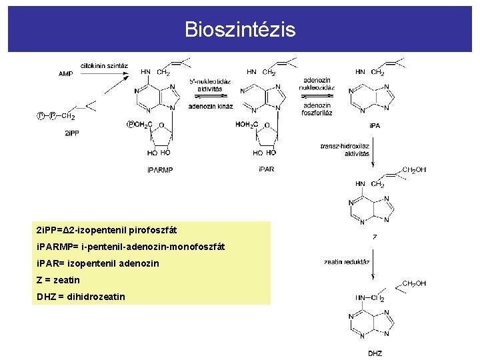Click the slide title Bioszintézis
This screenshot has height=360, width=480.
coord(240,30)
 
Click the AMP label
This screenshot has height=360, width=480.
coord(65,74)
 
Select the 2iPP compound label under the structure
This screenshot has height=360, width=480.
coord(71,133)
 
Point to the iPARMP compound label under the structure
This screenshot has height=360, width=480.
coord(159,170)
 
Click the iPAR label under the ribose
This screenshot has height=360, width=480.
coord(266,169)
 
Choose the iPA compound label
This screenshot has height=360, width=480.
coord(375,125)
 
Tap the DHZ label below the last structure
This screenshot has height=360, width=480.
coord(375,353)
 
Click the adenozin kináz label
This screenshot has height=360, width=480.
coord(210,105)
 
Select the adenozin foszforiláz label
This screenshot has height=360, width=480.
coord(317,109)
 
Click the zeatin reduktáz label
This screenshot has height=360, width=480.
coord(347,262)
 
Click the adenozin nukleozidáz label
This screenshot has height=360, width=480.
coord(317,84)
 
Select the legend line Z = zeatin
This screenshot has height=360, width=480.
coord(58,280)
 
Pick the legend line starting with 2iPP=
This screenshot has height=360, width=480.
coord(107,230)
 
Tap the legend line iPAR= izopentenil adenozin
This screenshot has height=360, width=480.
coord(98,263)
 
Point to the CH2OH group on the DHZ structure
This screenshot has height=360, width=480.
coord(413,283)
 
